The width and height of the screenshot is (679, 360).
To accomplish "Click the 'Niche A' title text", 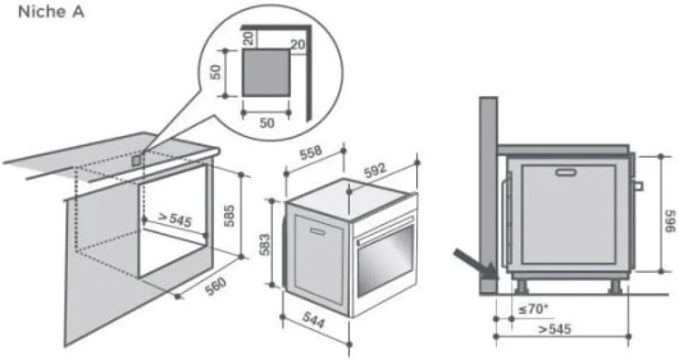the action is click(51, 12).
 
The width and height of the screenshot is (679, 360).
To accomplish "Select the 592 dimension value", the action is click(375, 170).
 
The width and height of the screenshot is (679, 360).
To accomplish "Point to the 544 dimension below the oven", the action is click(314, 320).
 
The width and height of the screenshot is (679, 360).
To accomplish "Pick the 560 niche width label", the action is click(215, 287).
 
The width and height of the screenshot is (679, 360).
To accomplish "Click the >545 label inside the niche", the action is click(175, 219).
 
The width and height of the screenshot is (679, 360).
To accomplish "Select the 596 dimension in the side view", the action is click(670, 221).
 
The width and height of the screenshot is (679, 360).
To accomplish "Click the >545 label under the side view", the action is click(555, 329).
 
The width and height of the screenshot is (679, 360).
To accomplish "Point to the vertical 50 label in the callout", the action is click(215, 72).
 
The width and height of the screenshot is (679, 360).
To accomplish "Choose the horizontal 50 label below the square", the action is click(267, 123).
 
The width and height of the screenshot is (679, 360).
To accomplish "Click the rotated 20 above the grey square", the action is click(248, 39).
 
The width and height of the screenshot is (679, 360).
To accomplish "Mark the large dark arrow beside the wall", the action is click(475, 264).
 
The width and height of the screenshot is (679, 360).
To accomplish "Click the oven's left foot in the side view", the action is click(522, 287).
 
